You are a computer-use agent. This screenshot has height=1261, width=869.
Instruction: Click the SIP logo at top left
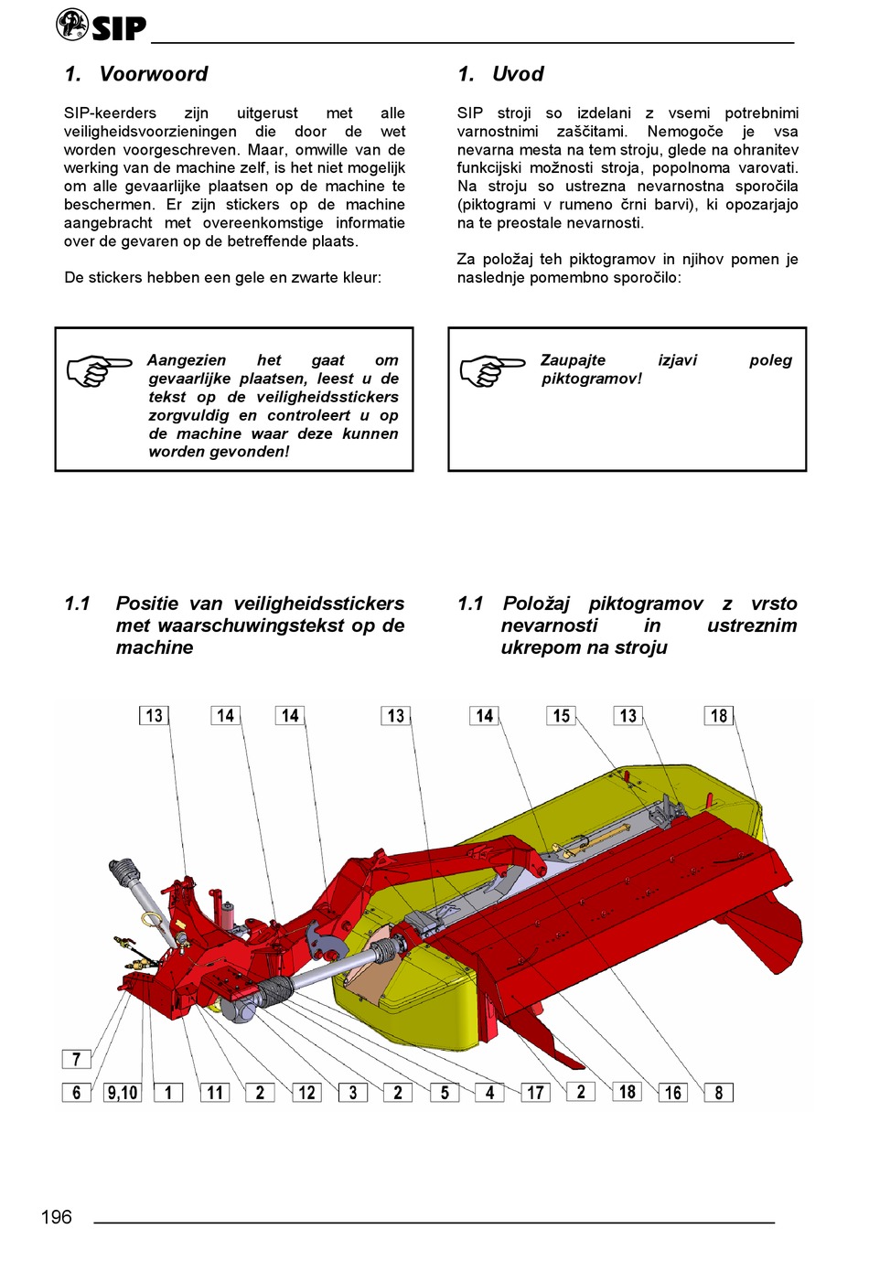(x=101, y=26)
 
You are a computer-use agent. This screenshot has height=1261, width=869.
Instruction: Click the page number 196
(x=57, y=1216)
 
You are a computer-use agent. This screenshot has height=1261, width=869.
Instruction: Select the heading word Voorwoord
(x=154, y=74)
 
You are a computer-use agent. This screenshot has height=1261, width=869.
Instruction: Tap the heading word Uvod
(x=518, y=74)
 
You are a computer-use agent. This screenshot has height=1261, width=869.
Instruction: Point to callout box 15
(x=562, y=716)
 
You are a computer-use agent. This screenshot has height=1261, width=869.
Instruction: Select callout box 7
(x=76, y=1059)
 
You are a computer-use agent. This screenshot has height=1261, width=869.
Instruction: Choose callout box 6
(x=76, y=1092)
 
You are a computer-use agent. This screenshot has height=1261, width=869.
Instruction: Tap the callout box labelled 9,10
(x=123, y=1092)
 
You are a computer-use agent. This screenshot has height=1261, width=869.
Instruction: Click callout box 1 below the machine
(x=168, y=1092)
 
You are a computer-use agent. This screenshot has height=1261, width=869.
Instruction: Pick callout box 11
(x=215, y=1092)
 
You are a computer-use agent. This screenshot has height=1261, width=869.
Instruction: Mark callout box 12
(x=306, y=1092)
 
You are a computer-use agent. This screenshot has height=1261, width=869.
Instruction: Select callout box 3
(x=353, y=1092)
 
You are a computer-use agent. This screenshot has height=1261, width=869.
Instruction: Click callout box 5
(x=445, y=1092)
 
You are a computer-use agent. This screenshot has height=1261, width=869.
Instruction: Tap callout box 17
(x=535, y=1092)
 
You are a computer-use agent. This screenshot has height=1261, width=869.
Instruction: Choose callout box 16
(x=673, y=1092)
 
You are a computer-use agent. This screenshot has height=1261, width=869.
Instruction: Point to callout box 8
(x=719, y=1092)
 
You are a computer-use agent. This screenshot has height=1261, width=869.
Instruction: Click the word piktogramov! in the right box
(x=592, y=379)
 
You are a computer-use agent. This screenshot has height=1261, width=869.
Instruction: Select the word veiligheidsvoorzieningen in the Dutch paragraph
(x=150, y=132)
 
